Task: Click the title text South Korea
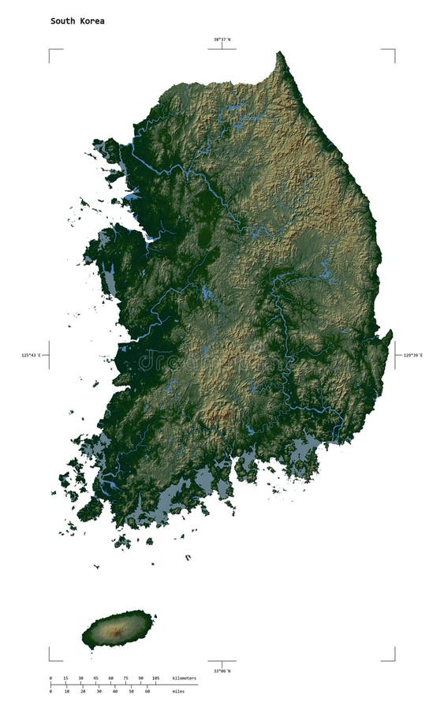coord(77,21)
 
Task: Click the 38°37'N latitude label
coord(222,39)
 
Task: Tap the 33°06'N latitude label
coord(222,671)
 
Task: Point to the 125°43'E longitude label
coord(31,356)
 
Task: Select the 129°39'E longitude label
coord(412,356)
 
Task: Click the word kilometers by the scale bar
coord(185,678)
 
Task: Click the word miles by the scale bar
coord(179,691)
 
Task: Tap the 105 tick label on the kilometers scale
coord(155,678)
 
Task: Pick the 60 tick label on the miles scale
coord(147,691)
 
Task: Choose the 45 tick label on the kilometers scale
coord(95,678)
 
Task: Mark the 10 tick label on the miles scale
coord(67,691)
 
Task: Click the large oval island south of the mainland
coord(118,629)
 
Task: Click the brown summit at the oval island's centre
coord(116,630)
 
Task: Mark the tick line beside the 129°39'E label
coord(396,356)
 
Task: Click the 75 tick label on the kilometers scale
coord(125,678)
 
